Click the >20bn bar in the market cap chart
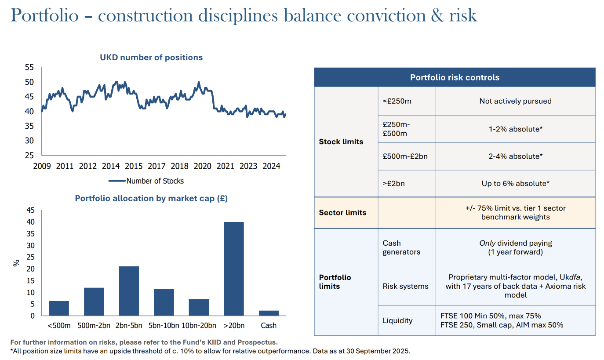click(233, 269)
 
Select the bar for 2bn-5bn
click(129, 291)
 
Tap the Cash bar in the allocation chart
click(269, 313)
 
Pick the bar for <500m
click(59, 308)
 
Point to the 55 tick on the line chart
click(29, 68)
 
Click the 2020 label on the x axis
click(202, 166)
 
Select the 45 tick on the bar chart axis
click(30, 210)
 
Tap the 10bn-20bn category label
click(199, 325)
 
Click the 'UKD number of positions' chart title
click(151, 58)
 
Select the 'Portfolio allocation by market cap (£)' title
click(151, 198)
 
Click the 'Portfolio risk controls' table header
click(455, 77)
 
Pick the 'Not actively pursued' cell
click(515, 101)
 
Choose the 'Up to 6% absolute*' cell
click(515, 183)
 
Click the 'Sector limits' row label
click(342, 213)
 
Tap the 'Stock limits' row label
click(341, 142)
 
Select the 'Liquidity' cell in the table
click(397, 320)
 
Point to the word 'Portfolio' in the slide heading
click(44, 15)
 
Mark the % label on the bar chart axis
click(17, 263)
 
